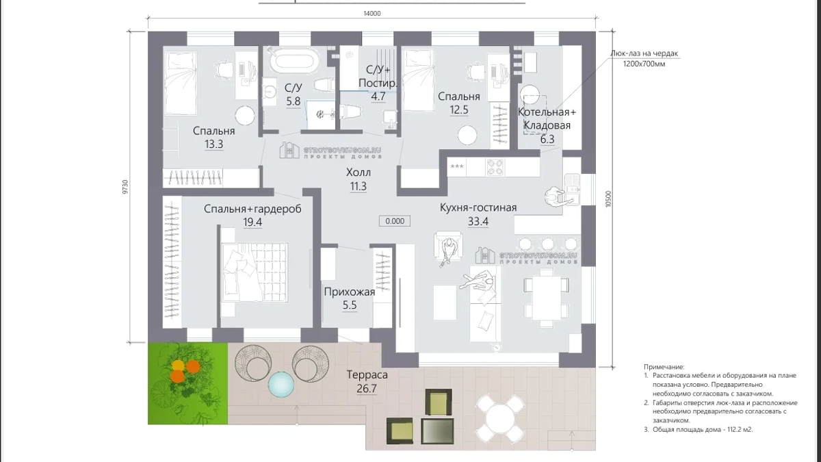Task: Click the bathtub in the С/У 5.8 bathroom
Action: (x=294, y=61)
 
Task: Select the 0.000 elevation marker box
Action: (x=394, y=221)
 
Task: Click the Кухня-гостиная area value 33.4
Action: (x=478, y=221)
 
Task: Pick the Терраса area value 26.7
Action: (x=367, y=389)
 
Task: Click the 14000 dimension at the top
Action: (x=371, y=13)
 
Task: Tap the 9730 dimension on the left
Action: (x=125, y=188)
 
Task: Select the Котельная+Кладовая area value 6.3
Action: (x=547, y=140)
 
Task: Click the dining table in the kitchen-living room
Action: (x=545, y=293)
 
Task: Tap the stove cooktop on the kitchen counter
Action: (x=495, y=166)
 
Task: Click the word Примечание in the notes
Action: (x=664, y=367)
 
